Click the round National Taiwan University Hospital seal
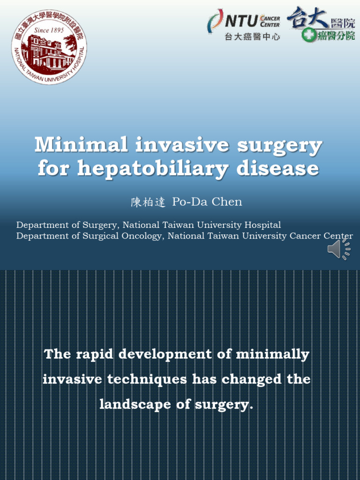coord(49,47)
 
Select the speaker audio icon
coord(338,248)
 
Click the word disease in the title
coord(277,168)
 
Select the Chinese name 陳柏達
coord(148,202)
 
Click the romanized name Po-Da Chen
coord(207,202)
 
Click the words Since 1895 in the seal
coord(48,30)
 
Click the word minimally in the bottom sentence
coord(272,354)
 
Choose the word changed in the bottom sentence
coord(245,379)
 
